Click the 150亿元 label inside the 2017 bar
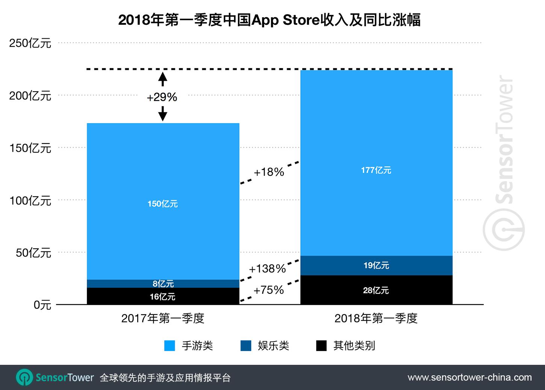162,204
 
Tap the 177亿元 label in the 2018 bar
376,170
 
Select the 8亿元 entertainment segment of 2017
163,284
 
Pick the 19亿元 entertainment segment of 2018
376,266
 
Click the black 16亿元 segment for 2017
162,296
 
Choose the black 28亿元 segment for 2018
376,290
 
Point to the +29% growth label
162,97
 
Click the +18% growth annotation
269,172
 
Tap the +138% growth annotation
267,269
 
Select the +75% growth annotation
268,290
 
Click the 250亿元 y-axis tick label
30,43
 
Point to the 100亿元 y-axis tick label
30,201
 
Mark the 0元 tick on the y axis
42,305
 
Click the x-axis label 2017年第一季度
162,318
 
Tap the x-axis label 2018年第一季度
376,318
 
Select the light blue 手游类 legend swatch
170,346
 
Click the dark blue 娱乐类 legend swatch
246,346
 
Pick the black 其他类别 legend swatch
321,346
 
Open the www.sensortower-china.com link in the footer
469,377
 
